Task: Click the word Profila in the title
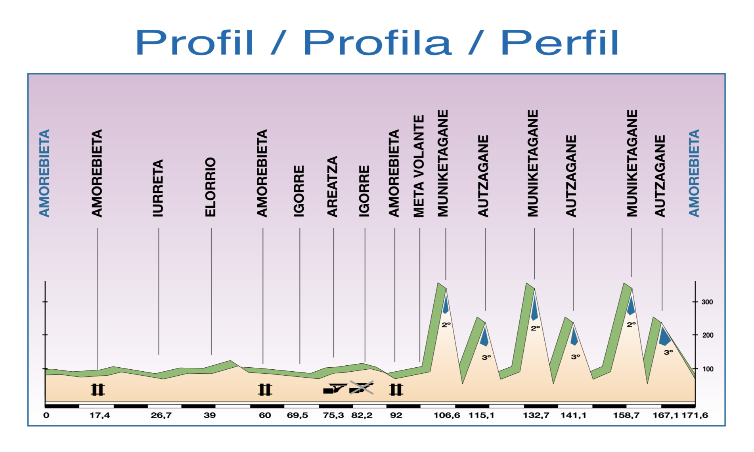point(377,43)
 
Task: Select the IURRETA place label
point(158,188)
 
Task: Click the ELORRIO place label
point(210,187)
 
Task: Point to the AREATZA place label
point(332,186)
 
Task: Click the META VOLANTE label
point(419,166)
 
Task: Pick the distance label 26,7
point(161,415)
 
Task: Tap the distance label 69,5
point(297,415)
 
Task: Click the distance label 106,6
point(447,415)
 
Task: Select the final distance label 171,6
point(695,415)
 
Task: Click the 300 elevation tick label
point(707,302)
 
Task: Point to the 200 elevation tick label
point(708,335)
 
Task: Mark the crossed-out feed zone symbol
point(361,388)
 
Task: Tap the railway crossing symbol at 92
point(396,390)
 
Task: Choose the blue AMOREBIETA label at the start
point(44,173)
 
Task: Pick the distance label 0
point(46,415)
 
